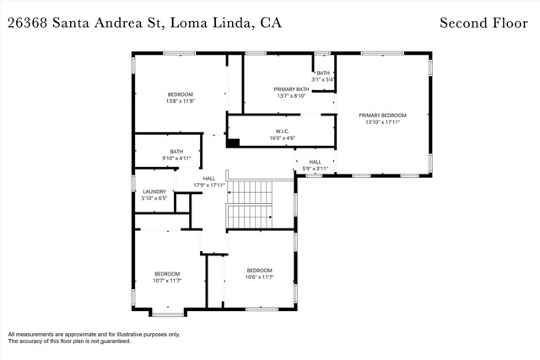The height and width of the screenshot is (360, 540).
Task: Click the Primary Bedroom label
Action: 382,115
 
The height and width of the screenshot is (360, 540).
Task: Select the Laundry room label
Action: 154,191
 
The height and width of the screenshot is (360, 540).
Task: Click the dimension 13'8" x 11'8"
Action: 180,101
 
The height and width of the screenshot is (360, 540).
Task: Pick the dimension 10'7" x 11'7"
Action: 167,280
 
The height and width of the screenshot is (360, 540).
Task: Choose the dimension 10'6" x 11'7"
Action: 259,277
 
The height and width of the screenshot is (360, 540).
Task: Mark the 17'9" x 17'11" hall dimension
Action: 209,185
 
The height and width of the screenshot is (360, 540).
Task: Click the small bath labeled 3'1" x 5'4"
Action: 323,77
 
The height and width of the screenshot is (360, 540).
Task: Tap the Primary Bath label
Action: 292,89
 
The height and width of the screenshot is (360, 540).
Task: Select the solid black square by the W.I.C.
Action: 234,142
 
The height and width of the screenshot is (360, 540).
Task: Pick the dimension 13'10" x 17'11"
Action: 382,121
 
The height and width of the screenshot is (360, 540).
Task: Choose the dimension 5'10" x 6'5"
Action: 154,198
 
